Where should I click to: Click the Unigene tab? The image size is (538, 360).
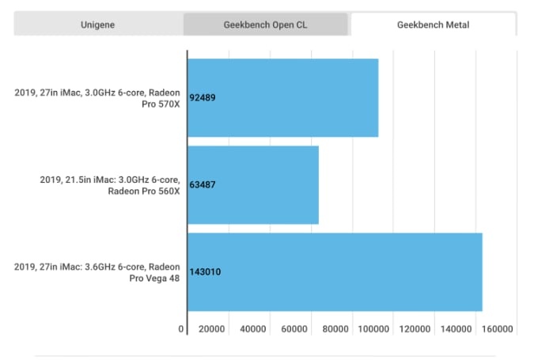(98, 25)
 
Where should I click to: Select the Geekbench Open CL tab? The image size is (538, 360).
(266, 25)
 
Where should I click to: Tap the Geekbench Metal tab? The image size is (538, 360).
(433, 25)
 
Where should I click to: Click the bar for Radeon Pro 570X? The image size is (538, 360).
(282, 98)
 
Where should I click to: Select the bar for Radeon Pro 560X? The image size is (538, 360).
(252, 185)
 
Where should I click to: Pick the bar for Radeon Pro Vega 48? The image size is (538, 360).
(335, 272)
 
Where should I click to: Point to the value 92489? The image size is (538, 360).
(203, 98)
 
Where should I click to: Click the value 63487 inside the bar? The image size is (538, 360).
(203, 185)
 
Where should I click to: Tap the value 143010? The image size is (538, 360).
(206, 272)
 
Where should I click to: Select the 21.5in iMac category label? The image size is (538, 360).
(110, 185)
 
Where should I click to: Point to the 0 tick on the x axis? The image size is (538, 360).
(181, 329)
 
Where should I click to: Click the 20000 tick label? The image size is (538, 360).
(211, 329)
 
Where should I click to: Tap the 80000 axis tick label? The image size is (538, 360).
(335, 329)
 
